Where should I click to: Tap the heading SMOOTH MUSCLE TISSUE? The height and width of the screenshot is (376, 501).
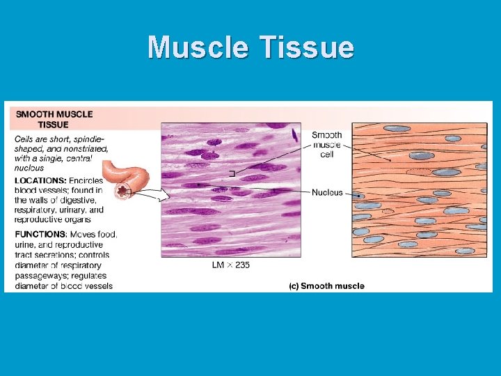point(54,119)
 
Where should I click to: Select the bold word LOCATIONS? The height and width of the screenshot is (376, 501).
point(40,180)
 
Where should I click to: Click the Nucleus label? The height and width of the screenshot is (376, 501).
point(327,192)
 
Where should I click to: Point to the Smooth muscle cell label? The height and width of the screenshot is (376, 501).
point(326,145)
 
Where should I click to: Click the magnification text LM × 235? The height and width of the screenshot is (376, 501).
point(231,265)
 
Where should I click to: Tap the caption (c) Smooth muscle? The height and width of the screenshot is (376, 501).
point(326,286)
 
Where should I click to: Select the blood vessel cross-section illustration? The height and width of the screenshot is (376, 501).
point(124,189)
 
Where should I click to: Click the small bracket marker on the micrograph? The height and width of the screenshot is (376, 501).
point(231,173)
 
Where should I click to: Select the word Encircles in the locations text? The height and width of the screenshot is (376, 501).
point(86,180)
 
